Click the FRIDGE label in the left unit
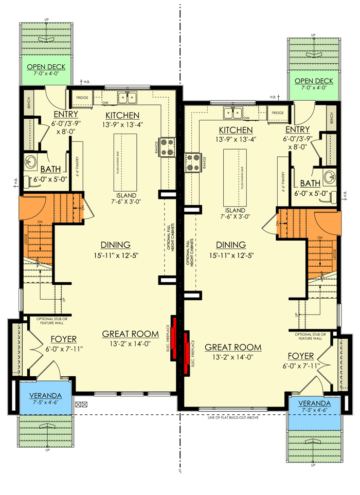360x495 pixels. coord(82,97)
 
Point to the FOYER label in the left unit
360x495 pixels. coord(63,339)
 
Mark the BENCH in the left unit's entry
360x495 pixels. coord(28,103)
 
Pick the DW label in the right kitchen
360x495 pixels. coord(247,118)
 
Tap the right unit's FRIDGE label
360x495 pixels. coord(278,113)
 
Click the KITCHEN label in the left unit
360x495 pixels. coord(122,115)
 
